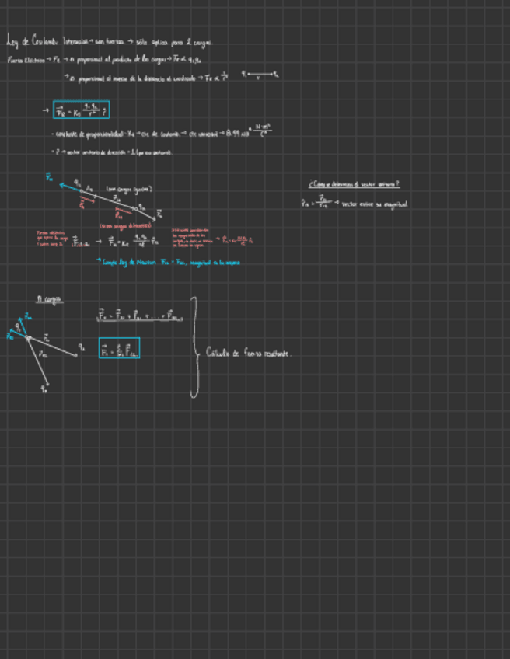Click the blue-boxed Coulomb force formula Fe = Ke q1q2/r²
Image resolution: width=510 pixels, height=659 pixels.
point(81,110)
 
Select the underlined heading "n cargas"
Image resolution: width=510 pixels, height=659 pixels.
point(49,298)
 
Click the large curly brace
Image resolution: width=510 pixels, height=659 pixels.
point(194,347)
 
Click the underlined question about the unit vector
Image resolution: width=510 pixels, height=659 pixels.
point(354,184)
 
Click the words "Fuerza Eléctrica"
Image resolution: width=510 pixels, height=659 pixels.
point(24,60)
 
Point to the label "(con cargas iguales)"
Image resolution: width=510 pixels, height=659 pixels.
point(128,189)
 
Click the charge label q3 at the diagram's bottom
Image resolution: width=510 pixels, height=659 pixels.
point(44,388)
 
